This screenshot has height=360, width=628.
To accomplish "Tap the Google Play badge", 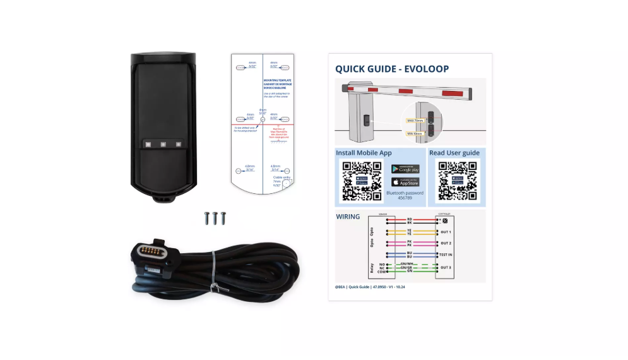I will [x=405, y=169].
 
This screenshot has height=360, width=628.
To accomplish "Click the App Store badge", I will [x=405, y=182].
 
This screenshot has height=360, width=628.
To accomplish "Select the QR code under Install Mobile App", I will [x=362, y=181].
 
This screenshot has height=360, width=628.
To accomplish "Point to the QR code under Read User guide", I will [x=458, y=181].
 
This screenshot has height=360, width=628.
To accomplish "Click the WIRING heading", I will [x=347, y=217].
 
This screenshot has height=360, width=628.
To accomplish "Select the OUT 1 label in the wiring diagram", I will [x=446, y=232].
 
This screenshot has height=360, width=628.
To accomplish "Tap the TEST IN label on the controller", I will [x=446, y=255].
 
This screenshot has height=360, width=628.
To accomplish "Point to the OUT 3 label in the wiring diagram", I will [x=446, y=267].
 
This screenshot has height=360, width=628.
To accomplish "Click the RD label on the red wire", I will [x=409, y=219].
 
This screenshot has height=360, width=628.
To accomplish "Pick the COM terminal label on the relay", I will [x=382, y=272].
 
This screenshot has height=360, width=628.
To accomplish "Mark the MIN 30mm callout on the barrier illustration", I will [x=414, y=133].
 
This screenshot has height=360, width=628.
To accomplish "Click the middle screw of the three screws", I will [x=215, y=218].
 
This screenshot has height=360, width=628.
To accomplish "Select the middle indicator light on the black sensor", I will [x=163, y=144].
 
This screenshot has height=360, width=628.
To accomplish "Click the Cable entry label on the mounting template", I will [x=281, y=177].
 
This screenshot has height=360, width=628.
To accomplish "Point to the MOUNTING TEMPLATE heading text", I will [x=276, y=81].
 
